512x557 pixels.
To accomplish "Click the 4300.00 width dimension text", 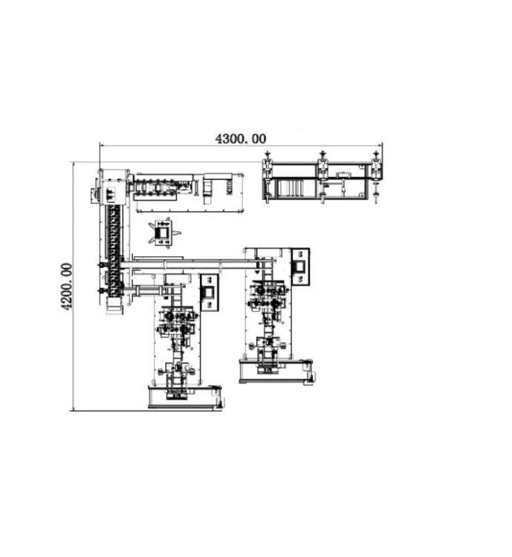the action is [241, 139].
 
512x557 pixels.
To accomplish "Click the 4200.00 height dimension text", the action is [66, 286].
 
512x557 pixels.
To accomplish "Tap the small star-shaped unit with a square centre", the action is [164, 232].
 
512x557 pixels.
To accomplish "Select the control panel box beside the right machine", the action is [300, 267].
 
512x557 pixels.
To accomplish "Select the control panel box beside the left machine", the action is [209, 293].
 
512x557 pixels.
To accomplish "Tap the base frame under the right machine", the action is [276, 371].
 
